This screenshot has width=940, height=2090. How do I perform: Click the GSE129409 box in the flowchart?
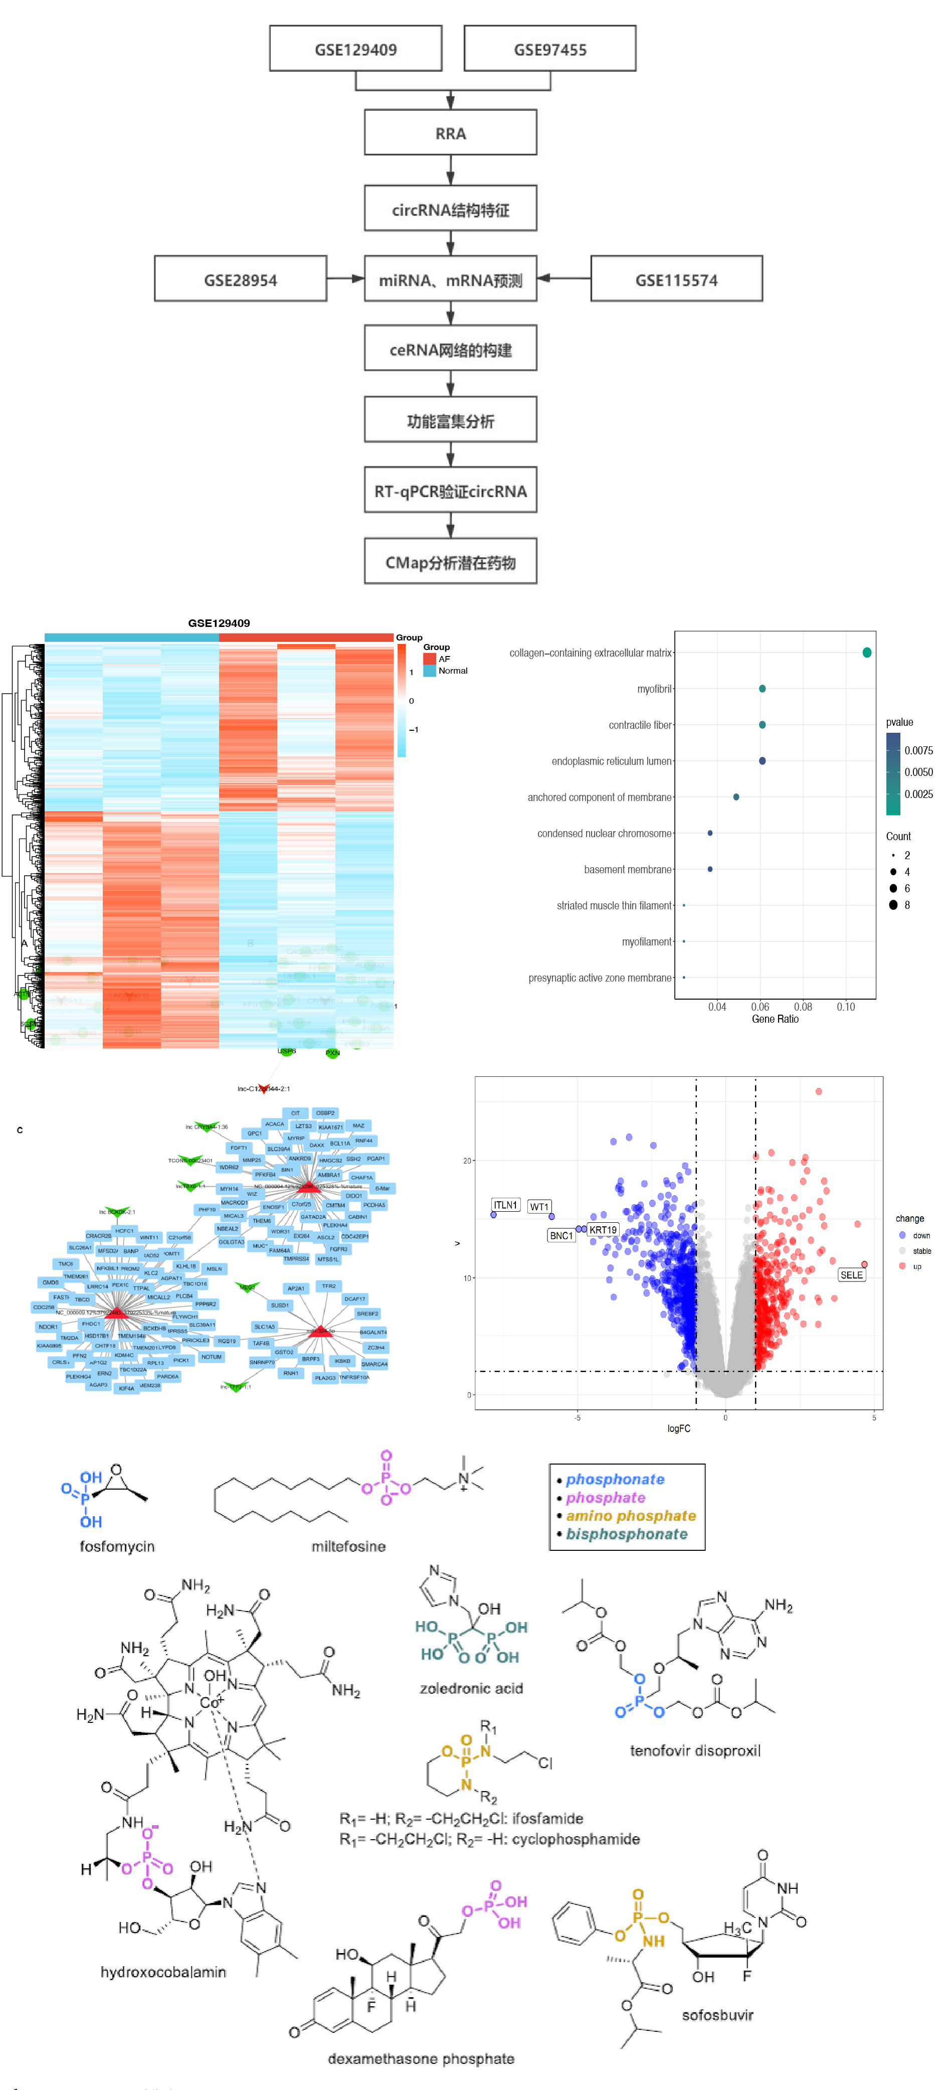pyautogui.click(x=355, y=49)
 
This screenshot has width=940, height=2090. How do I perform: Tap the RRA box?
pyautogui.click(x=450, y=133)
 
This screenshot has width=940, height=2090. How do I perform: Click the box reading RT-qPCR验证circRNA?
pyautogui.click(x=450, y=491)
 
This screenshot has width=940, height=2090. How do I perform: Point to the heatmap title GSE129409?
pyautogui.click(x=219, y=623)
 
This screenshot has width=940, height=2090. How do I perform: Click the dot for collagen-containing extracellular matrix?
pyautogui.click(x=866, y=653)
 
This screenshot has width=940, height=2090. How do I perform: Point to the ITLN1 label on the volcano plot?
pyautogui.click(x=505, y=1205)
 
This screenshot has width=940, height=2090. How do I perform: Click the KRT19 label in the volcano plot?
pyautogui.click(x=603, y=1229)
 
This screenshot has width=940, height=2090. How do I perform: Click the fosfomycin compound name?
pyautogui.click(x=117, y=1546)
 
